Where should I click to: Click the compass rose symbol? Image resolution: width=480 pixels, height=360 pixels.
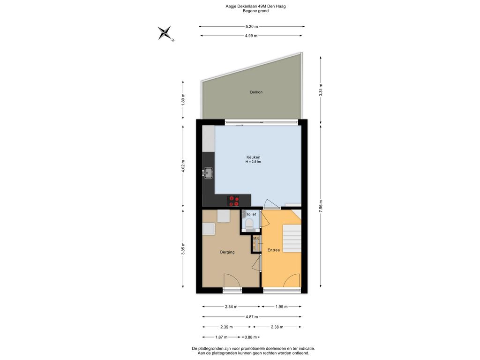[x=165, y=33]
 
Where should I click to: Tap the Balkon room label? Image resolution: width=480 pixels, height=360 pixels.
[x=256, y=92]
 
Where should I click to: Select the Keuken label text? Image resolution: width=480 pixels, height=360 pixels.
[x=253, y=157]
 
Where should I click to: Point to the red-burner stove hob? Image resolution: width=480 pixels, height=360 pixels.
[x=233, y=201]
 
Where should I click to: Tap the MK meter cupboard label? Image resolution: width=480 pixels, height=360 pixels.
[x=256, y=238]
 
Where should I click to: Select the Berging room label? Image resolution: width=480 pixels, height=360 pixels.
[x=227, y=252]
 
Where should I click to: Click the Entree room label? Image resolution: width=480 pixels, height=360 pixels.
[x=274, y=250]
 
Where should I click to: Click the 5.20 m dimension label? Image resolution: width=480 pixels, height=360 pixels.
[x=252, y=27]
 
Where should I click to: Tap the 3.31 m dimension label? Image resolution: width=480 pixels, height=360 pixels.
[x=321, y=90]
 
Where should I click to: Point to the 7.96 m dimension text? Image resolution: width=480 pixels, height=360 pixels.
[x=321, y=206]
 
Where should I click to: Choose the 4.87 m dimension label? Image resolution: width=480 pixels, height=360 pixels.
[x=252, y=317]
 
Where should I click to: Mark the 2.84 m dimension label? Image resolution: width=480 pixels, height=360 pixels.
[x=231, y=307]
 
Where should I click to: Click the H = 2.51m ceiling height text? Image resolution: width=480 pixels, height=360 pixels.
[x=253, y=162]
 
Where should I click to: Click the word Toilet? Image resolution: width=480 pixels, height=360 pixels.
[x=251, y=214]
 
